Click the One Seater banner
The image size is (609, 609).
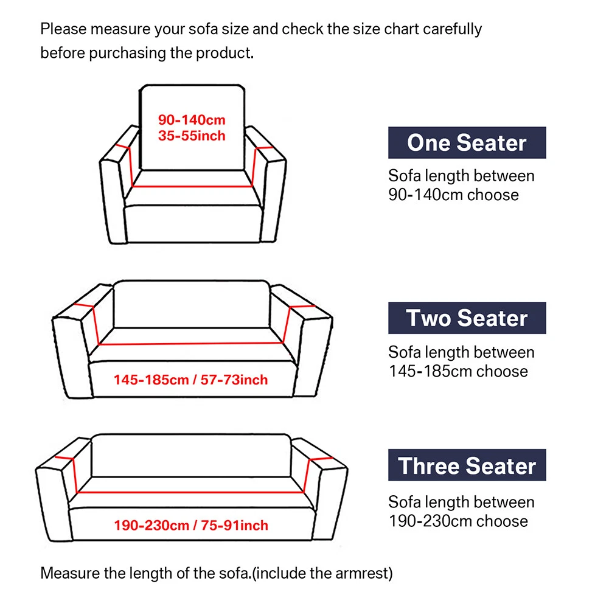point(467,143)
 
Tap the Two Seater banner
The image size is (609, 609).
point(467,318)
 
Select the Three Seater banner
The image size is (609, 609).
point(467,465)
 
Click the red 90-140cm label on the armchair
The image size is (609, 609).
point(192,120)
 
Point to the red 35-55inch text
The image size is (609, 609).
point(192,136)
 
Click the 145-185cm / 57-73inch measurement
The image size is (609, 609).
point(190,380)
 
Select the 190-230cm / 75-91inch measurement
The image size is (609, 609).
point(190,525)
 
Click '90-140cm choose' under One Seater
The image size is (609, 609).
point(454,195)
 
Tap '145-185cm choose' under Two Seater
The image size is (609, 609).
point(458,371)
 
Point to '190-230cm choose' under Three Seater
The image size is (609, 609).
point(458,521)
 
